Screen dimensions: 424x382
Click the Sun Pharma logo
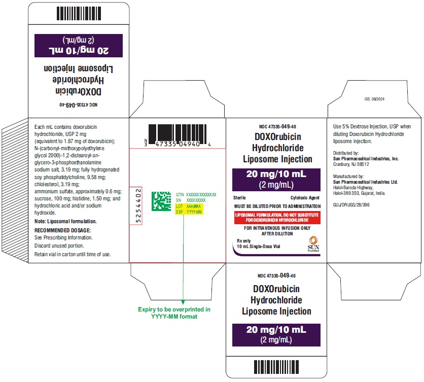coord(313,244)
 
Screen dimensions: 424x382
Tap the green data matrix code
coord(161,201)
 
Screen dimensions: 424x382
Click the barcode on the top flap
coord(79,14)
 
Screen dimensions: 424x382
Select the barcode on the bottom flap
coord(276,367)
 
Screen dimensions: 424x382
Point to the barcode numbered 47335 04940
coord(178,135)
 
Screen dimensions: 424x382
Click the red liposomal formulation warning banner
coord(277,218)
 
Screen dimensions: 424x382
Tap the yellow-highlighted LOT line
coord(189,206)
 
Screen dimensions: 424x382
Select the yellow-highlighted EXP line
coord(189,212)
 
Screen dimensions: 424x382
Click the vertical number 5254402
coord(138,206)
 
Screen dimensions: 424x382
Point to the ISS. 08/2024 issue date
coord(374,99)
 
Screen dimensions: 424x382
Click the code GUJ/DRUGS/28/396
coord(351,205)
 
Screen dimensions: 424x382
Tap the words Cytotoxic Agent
coord(305,198)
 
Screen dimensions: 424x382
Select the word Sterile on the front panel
coord(239,198)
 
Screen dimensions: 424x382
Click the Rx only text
coord(243,241)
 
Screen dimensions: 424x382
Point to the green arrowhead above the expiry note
coord(183,302)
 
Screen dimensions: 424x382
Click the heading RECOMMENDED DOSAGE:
coord(62,230)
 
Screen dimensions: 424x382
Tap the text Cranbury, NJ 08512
coord(351,164)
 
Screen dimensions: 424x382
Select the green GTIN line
coord(196,194)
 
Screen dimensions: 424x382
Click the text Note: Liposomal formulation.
coord(65,221)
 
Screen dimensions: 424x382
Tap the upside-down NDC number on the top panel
coord(79,105)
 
